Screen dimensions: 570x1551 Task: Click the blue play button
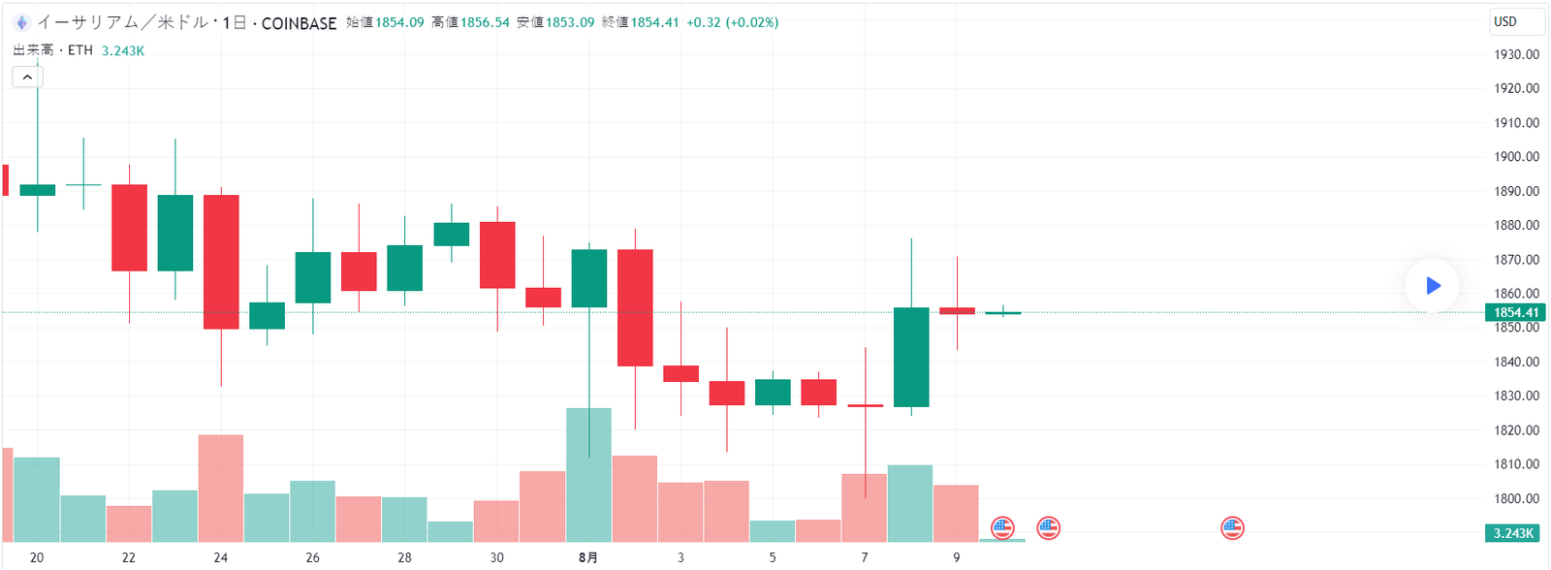[1432, 285]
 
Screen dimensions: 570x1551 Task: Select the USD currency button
[1515, 21]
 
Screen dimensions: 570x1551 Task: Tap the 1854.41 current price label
[1515, 312]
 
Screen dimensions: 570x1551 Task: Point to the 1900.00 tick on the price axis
[1516, 157]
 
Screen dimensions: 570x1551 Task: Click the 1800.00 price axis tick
[1516, 499]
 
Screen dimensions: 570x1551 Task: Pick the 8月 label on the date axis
[587, 557]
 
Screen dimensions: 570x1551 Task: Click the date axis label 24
[221, 557]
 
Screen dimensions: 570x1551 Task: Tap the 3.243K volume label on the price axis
[1513, 533]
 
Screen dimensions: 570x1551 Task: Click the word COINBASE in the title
[299, 23]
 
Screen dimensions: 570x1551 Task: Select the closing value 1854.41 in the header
[654, 22]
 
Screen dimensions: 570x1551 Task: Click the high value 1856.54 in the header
[484, 22]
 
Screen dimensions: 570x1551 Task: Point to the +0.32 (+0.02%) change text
[732, 22]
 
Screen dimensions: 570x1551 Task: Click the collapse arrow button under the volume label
[27, 77]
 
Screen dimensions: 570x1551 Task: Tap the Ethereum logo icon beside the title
[21, 22]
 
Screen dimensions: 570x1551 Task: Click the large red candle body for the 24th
[221, 262]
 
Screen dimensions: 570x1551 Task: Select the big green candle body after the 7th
[911, 357]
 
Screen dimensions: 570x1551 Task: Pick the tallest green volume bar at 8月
[588, 475]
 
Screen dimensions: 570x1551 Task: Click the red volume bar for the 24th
[221, 488]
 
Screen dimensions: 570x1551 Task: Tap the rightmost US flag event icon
[1232, 528]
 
